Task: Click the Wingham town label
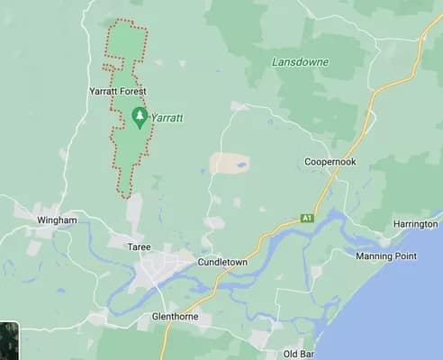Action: (x=57, y=220)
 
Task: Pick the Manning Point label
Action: (x=385, y=256)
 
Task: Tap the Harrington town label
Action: (x=415, y=223)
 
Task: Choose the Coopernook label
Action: (x=332, y=162)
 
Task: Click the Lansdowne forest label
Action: (x=300, y=62)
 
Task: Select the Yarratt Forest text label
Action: (x=118, y=92)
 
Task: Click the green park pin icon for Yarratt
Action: (x=140, y=116)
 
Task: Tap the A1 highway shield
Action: (x=306, y=218)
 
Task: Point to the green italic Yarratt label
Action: (x=167, y=117)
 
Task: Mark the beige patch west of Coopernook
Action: (x=230, y=163)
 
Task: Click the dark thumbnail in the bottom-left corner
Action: (x=8, y=341)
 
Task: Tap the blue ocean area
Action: (x=396, y=315)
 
